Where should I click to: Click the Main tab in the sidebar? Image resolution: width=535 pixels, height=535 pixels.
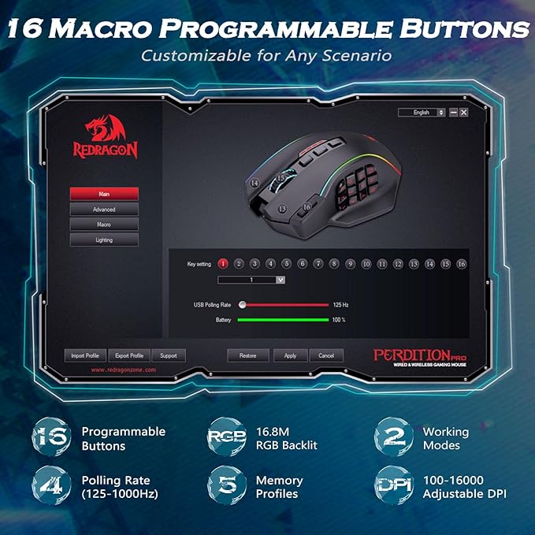coord(104,193)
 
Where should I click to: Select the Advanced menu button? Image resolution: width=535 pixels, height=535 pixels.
coord(104,210)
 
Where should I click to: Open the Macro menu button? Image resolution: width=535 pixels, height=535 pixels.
coord(104,225)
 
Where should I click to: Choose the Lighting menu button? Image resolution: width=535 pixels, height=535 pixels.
coord(104,240)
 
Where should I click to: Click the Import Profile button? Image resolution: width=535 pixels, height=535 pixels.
coord(85,355)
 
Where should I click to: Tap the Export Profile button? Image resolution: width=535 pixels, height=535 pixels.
coord(128,355)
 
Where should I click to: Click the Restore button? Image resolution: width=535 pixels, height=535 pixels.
coord(247,355)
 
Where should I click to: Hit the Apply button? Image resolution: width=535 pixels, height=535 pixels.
coord(290,355)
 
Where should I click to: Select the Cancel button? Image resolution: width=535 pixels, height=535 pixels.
coord(326,355)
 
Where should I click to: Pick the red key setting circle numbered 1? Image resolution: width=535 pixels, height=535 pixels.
coord(223,264)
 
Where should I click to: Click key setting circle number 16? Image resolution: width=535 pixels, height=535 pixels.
coord(462,264)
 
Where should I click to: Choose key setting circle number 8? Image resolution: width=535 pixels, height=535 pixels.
coord(334,264)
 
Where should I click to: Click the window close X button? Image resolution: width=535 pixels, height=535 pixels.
coord(464,113)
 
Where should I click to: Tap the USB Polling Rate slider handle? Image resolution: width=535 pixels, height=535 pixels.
coord(243,304)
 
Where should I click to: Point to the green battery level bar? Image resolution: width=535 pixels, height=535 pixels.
coord(283,320)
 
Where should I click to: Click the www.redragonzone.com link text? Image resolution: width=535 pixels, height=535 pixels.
coord(124,370)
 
